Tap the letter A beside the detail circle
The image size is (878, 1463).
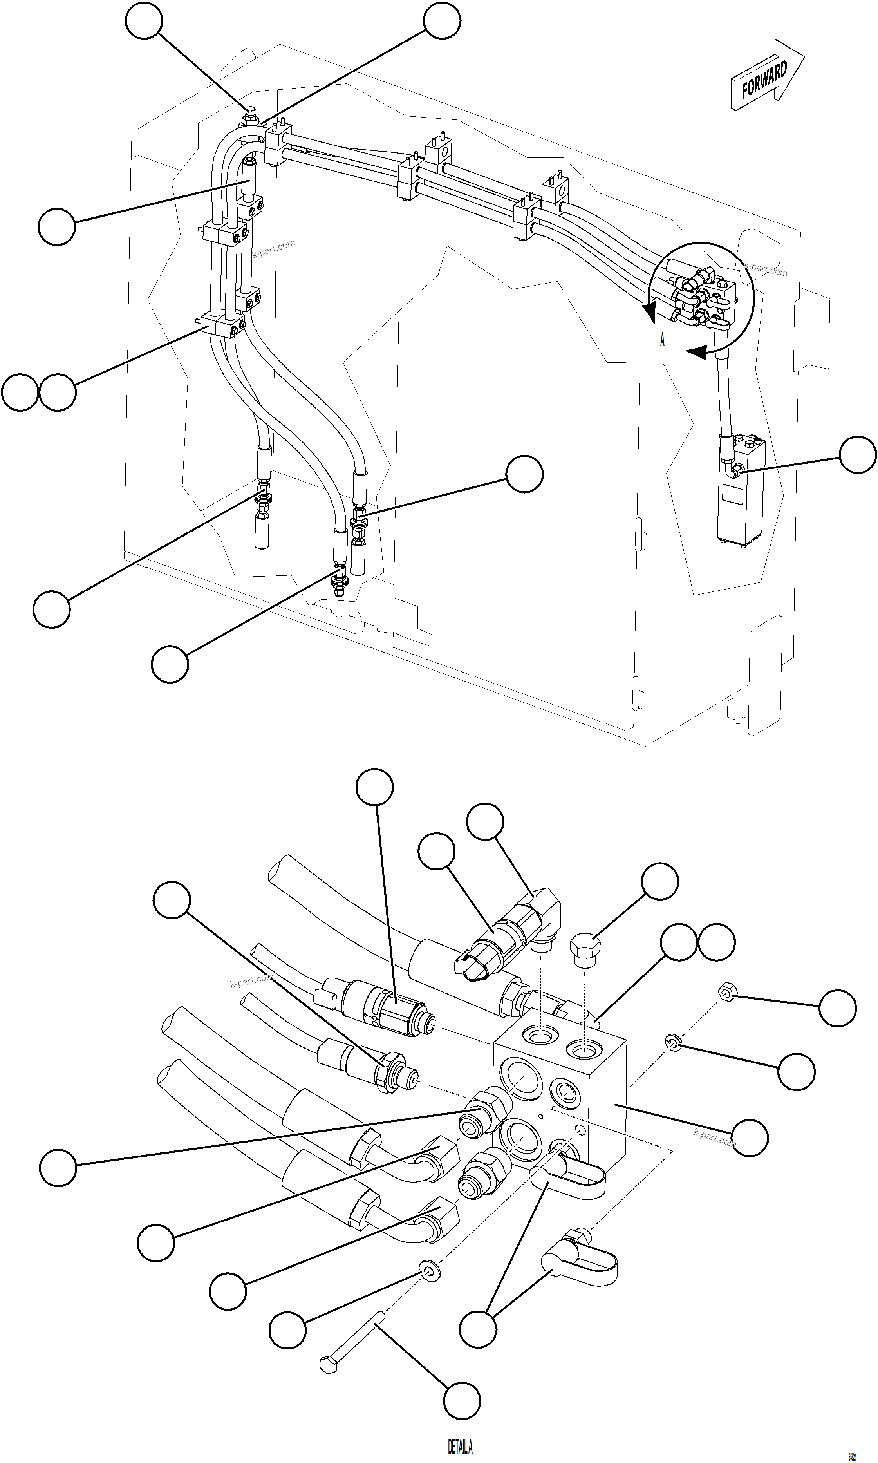(x=662, y=340)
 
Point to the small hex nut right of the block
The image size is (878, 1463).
(x=725, y=992)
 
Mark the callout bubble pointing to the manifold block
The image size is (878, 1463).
(x=750, y=1137)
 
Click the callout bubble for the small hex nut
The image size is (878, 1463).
(x=837, y=1007)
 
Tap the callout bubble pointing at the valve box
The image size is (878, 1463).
(x=857, y=454)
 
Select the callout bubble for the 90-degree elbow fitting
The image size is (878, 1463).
(x=485, y=821)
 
